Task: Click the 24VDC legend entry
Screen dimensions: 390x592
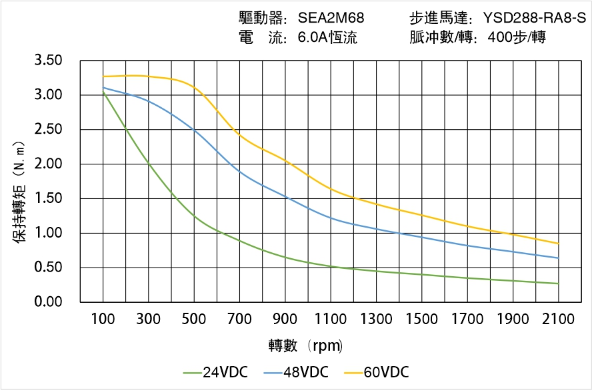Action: coord(215,372)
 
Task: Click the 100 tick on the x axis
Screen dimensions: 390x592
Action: coord(103,319)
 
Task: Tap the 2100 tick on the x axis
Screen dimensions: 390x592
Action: coord(559,319)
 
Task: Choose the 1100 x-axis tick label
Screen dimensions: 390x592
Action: coord(331,319)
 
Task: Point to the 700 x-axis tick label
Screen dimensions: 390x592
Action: coord(239,319)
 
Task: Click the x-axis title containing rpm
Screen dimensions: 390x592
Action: coord(306,346)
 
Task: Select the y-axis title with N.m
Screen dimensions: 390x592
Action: coord(20,192)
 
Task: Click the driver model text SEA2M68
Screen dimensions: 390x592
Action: coord(331,18)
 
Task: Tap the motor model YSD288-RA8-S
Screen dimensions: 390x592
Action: coord(535,18)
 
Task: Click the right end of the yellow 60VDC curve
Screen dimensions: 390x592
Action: coord(558,244)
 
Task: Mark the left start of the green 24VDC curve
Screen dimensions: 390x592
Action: coord(103,92)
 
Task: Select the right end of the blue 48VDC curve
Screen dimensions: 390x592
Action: coord(558,258)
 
